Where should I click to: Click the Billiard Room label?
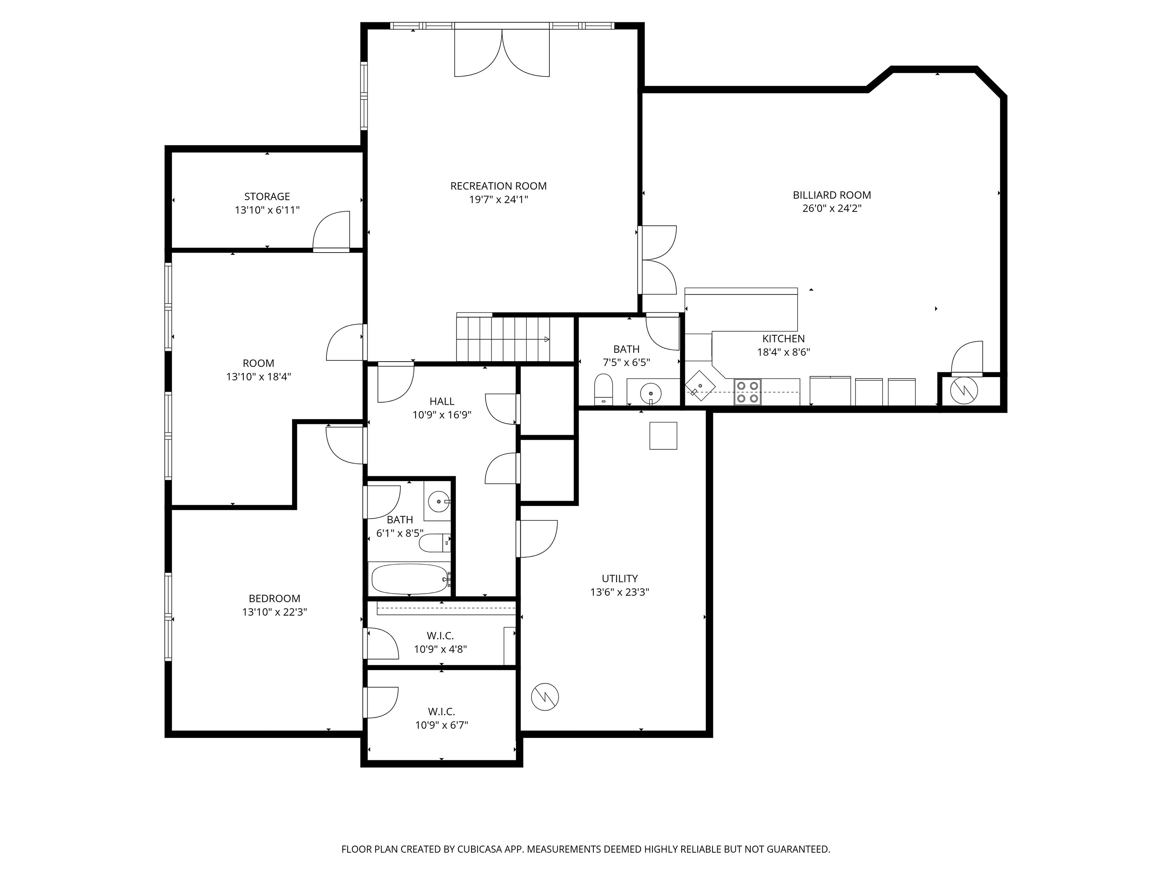pos(831,195)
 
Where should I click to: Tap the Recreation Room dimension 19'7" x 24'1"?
pos(498,200)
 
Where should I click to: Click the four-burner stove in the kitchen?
pos(747,392)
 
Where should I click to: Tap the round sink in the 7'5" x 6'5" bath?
pos(651,394)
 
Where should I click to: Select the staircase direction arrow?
pos(546,340)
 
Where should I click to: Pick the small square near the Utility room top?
pos(663,436)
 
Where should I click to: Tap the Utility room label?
pos(619,579)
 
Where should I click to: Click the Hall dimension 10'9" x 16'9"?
pos(442,415)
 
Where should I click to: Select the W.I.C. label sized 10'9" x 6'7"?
pos(442,712)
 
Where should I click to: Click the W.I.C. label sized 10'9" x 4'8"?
pos(440,635)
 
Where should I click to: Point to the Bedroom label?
pos(275,598)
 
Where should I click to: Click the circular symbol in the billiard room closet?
pos(964,390)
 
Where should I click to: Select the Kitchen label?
pos(783,338)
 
